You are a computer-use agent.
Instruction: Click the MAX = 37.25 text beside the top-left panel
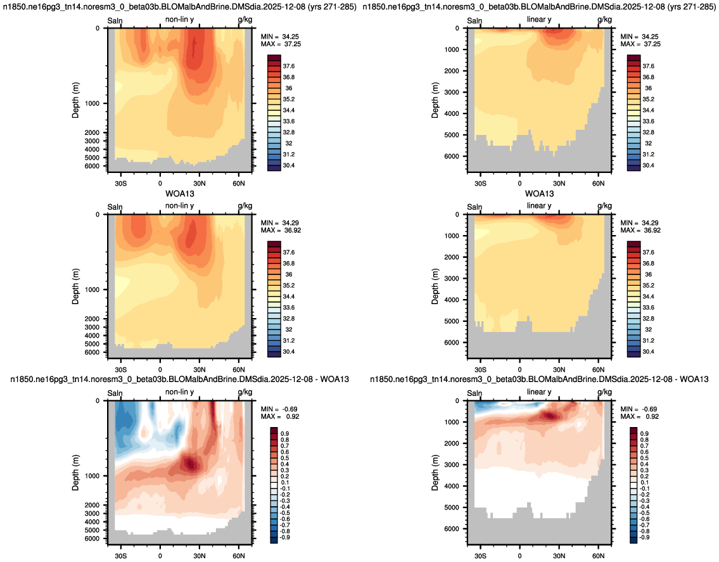281,44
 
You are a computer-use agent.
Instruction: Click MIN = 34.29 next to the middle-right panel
640,223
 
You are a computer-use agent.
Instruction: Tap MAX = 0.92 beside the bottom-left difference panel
280,416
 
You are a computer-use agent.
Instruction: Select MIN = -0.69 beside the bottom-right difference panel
639,409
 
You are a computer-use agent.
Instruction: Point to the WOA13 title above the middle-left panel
180,194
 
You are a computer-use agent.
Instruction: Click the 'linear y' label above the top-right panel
539,20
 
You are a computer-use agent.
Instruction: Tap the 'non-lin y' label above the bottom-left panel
179,392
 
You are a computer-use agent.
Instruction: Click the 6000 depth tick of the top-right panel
452,156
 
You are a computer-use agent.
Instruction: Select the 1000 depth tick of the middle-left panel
92,290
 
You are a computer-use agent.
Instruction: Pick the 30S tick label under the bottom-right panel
480,556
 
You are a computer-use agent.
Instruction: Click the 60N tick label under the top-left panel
239,184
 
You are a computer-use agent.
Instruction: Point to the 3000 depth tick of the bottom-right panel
452,464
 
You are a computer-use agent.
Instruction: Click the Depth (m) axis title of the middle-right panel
435,287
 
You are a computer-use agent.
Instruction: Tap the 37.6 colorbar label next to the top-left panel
288,66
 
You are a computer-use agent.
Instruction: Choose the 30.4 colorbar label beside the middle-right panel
648,352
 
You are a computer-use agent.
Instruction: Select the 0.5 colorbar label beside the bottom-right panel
644,458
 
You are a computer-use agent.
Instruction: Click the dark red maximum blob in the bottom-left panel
190,464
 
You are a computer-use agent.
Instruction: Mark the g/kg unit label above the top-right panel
604,20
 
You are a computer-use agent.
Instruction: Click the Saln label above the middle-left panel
115,207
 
